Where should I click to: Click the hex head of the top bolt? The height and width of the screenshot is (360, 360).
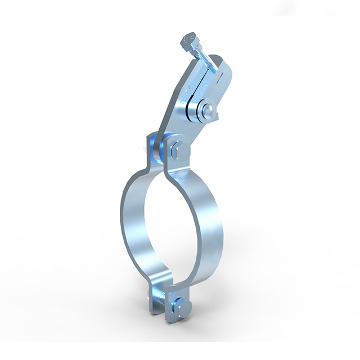tap(191, 42)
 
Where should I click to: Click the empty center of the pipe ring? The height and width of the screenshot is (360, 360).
tap(172, 225)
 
